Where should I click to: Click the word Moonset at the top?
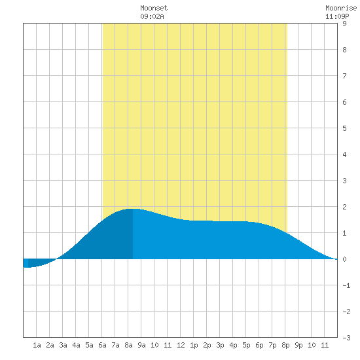pos(154,8)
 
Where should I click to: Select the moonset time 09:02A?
pos(152,16)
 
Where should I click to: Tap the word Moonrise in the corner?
pos(341,8)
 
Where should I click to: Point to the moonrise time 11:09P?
pos(337,16)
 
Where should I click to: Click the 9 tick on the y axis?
pos(344,24)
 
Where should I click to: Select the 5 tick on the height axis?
pos(344,128)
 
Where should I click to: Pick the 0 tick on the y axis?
pos(344,259)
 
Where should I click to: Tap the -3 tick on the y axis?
pos(346,338)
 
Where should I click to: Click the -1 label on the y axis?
pos(346,285)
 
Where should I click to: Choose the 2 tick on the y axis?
pos(344,207)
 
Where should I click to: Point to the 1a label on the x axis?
pos(37,345)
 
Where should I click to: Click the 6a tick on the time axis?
pos(102,345)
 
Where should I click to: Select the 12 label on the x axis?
pos(181,345)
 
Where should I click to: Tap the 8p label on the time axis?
pos(285,345)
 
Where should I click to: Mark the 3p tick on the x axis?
pos(220,345)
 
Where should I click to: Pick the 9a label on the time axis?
pos(141,345)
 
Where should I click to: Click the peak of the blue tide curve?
pos(133,209)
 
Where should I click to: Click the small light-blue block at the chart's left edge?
pos(26,263)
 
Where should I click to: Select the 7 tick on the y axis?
pos(344,76)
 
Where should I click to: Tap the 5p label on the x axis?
pos(246,345)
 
